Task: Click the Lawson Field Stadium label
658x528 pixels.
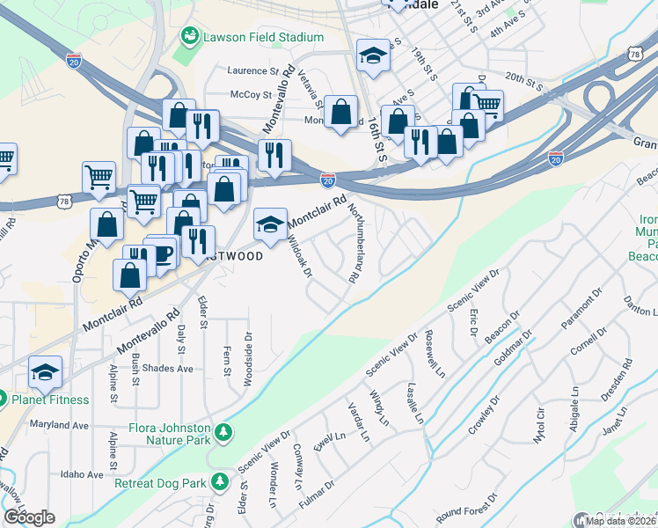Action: [x=263, y=37]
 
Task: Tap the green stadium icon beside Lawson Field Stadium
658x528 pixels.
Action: [x=189, y=36]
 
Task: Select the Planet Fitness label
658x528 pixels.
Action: [x=50, y=400]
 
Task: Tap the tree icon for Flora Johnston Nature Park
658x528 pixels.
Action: [x=224, y=431]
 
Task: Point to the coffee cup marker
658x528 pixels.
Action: [x=163, y=253]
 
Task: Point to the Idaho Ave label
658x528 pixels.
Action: [x=84, y=474]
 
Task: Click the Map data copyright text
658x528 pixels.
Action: [x=621, y=521]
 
